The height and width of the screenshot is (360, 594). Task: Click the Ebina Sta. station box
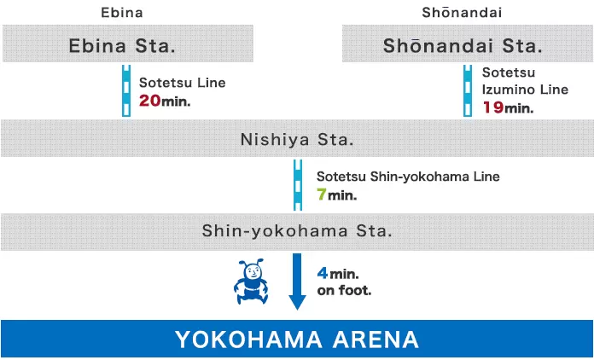[x=126, y=44]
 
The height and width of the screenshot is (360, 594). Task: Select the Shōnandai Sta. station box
[x=468, y=44]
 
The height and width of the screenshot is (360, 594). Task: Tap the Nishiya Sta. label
[x=297, y=138]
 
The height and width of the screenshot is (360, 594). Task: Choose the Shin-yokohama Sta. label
[x=297, y=231]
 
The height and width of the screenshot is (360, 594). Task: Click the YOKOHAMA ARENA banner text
[x=297, y=340]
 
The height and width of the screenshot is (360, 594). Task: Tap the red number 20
[x=148, y=101]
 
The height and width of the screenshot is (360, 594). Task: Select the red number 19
[x=492, y=107]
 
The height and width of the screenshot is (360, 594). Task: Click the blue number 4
[x=323, y=274]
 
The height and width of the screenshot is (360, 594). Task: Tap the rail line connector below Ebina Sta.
[x=126, y=91]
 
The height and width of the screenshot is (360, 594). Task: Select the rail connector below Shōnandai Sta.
[x=468, y=91]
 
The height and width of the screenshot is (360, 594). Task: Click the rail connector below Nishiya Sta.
[x=297, y=184]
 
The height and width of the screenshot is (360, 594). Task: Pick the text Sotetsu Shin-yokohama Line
[x=408, y=177]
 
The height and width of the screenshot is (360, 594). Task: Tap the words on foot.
[x=344, y=290]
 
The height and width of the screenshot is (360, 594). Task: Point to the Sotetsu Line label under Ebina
[x=182, y=84]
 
